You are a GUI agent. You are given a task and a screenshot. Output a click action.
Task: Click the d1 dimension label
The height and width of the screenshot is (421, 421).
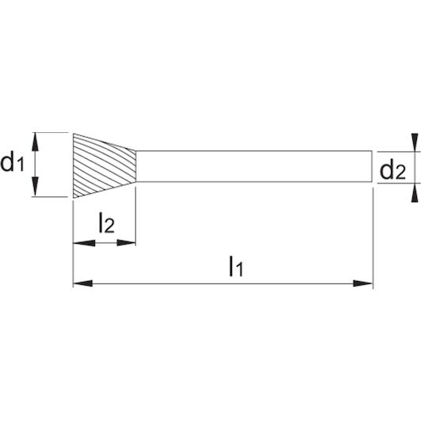(12, 163)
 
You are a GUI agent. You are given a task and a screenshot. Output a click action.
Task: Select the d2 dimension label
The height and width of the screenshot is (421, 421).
(393, 170)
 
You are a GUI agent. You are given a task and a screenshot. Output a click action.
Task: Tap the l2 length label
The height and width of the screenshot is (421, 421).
(107, 222)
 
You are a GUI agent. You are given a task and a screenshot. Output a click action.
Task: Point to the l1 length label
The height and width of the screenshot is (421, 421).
(237, 267)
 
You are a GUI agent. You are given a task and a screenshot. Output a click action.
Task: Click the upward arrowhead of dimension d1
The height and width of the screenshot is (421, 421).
(35, 142)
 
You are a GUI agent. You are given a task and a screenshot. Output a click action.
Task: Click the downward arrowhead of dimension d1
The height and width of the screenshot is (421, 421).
(35, 187)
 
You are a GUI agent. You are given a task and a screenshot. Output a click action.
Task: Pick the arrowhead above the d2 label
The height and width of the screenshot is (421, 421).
(415, 142)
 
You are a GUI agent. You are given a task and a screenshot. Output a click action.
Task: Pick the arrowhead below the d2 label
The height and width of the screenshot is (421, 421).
(415, 192)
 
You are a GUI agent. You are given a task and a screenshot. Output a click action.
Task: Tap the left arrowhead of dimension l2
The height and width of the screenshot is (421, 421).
(84, 243)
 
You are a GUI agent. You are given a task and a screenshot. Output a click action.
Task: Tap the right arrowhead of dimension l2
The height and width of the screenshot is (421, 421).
(126, 243)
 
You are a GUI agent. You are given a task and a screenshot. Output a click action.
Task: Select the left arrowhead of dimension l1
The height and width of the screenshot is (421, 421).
(83, 283)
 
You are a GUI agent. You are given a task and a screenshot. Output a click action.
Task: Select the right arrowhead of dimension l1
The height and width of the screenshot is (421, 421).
(363, 283)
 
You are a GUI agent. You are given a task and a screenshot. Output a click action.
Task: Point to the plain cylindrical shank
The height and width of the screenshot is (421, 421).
(254, 166)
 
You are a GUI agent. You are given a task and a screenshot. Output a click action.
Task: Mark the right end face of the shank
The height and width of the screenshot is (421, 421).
(372, 166)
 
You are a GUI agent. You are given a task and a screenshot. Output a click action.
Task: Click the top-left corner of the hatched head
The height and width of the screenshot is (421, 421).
(74, 134)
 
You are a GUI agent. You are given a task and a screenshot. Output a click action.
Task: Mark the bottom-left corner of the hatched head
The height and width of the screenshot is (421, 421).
(74, 198)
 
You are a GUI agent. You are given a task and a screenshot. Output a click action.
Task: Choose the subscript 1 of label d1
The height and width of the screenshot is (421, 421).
(21, 165)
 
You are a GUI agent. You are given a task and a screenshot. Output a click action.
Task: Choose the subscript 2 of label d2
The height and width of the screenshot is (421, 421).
(400, 173)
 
